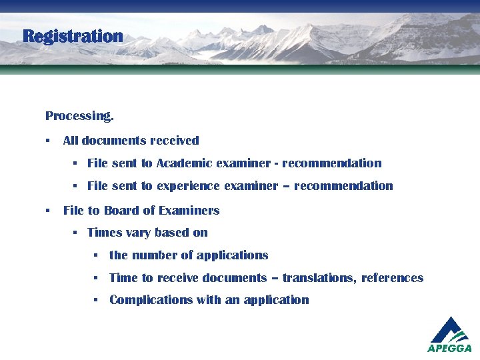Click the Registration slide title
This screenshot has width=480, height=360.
pos(73,36)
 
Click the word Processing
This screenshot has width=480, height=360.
pos(79,116)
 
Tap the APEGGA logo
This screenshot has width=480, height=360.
pos(449,335)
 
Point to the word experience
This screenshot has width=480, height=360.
pos(188,186)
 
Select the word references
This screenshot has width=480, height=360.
pos(392,278)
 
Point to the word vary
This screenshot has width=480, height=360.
pos(137,233)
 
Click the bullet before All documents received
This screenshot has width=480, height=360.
pos(48,141)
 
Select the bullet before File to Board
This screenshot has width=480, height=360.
pos(48,211)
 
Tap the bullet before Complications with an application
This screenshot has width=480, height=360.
pos(97,300)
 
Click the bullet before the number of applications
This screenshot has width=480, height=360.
pos(97,255)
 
